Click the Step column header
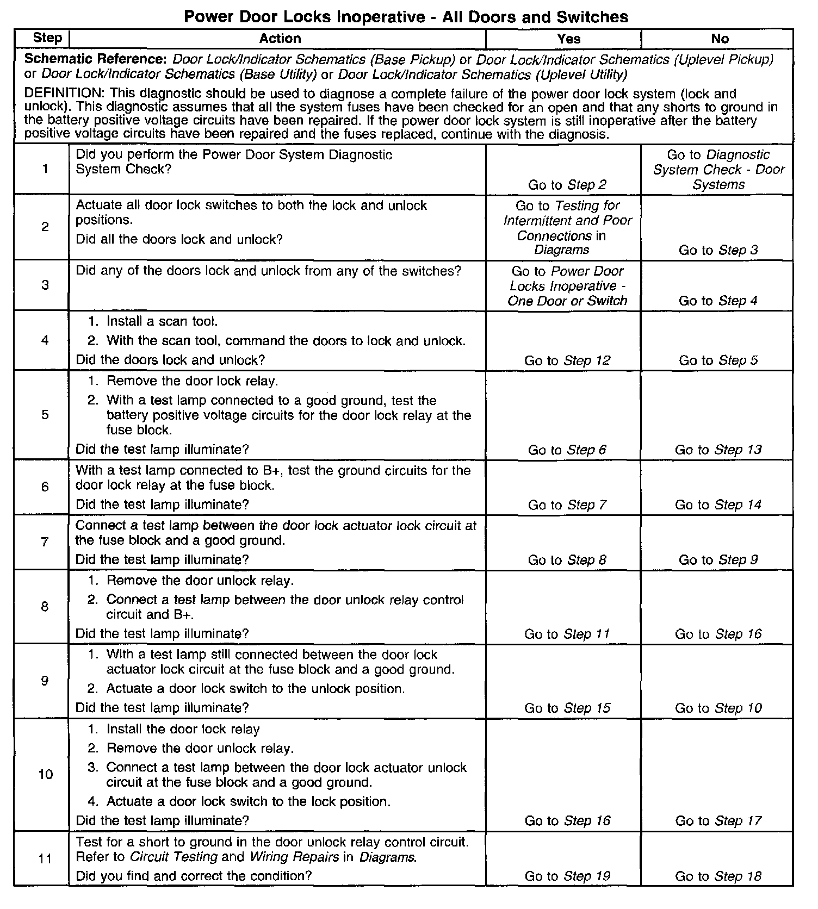(47, 38)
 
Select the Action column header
(280, 39)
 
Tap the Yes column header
(568, 39)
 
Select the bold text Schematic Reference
(97, 59)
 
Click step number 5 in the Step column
(45, 415)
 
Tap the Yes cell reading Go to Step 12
(567, 360)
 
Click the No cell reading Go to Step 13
(718, 450)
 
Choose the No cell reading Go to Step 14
(718, 505)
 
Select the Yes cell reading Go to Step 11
(567, 634)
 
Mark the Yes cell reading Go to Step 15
(567, 708)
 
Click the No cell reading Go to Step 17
(718, 821)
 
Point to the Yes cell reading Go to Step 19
(567, 876)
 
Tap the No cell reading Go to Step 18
(718, 876)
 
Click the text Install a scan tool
(162, 321)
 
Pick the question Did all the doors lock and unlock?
(179, 240)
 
